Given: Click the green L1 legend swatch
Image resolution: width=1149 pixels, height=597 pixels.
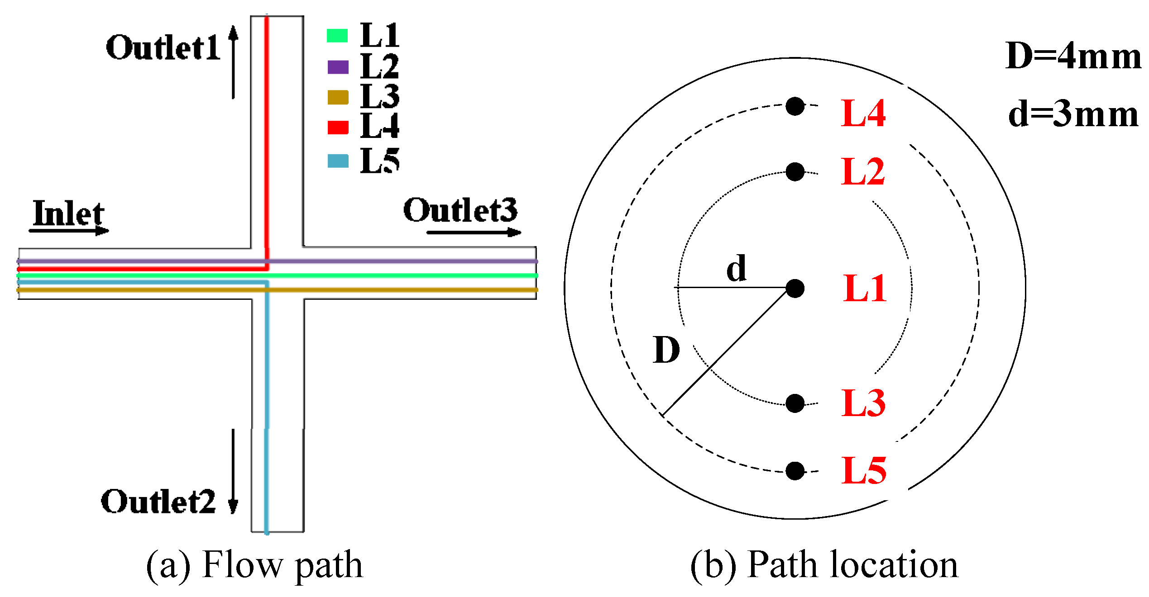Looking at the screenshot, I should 337,36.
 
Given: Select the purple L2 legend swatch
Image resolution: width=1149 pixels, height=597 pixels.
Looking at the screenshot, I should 338,67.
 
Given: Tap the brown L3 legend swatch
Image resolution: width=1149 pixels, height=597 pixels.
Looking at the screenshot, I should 338,97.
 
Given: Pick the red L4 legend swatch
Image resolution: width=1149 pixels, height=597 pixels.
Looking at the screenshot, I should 338,128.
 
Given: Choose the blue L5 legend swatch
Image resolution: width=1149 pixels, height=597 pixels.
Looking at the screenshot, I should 338,161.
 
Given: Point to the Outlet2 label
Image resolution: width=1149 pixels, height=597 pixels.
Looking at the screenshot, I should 158,502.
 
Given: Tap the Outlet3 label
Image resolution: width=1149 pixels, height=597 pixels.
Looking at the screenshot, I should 460,210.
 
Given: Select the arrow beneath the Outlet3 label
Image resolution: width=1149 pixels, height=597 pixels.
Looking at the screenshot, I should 474,232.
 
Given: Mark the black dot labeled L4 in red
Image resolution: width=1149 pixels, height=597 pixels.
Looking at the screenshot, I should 795,106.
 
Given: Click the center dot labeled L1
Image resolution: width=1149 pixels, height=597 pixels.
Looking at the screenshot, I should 795,288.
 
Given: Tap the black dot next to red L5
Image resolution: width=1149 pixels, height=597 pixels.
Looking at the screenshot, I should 795,471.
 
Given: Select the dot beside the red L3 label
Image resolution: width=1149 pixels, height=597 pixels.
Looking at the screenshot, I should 795,403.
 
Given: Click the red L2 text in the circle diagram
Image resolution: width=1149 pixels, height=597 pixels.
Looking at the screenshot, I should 862,172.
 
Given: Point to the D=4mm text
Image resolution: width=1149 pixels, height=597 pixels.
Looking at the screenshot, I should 1073,57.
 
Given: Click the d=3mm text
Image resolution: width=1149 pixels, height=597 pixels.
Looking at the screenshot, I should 1073,114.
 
